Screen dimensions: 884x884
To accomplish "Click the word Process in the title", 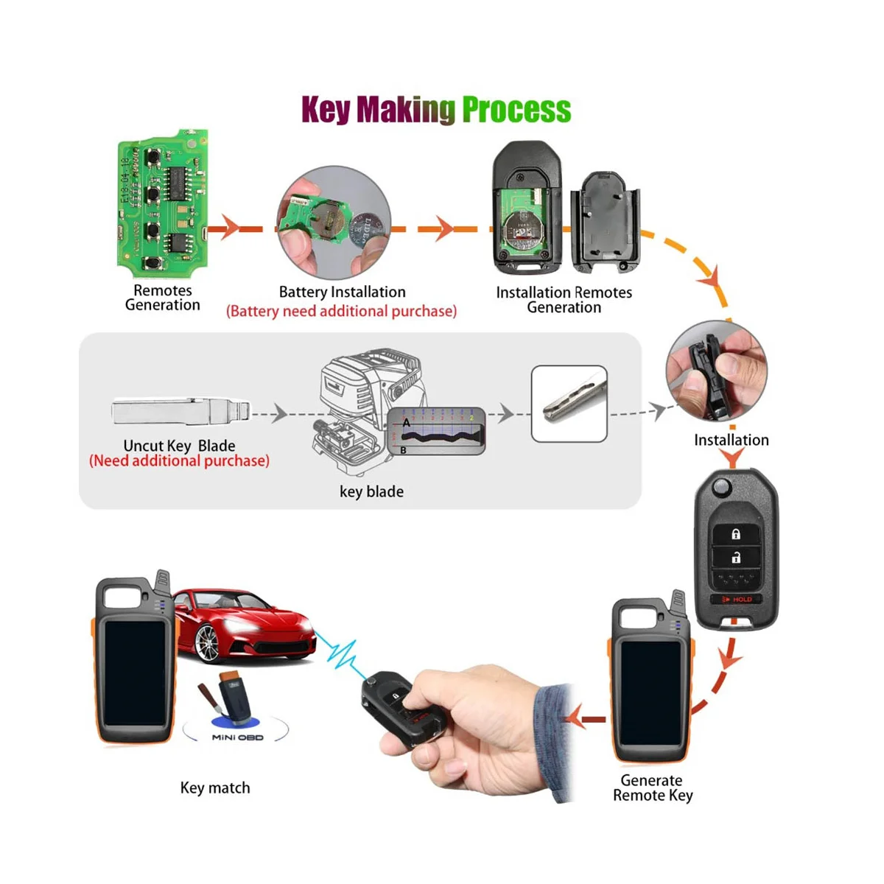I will coord(516,110).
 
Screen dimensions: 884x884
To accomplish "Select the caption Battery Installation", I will coord(342,292).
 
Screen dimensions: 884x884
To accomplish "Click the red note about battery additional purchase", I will coord(341,312).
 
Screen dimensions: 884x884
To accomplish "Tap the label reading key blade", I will coord(371,492).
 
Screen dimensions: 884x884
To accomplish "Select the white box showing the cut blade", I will coord(569,404).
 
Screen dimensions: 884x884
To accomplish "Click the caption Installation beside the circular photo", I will coord(731,441).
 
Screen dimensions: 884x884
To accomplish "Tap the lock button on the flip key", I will coord(736,533).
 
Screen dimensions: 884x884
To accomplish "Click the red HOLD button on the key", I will coord(737,600).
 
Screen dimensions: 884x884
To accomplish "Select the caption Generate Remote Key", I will coord(653,787).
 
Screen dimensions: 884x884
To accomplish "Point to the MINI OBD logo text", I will coord(237,737).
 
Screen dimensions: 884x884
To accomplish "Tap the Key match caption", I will coord(215,788).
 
